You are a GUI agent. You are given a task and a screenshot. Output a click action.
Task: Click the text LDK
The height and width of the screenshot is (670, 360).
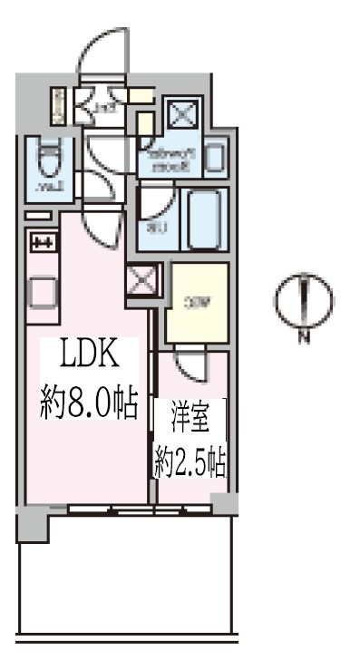pos(88,354)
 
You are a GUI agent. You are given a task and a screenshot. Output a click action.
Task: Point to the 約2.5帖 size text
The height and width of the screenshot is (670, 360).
pos(190,464)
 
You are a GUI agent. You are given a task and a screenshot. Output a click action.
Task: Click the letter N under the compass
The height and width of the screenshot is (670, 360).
pos(305,339)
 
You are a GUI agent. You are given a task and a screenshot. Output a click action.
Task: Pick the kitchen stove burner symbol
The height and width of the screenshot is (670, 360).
pos(44,242)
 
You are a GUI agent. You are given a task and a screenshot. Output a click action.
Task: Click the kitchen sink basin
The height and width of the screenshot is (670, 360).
pos(44,291)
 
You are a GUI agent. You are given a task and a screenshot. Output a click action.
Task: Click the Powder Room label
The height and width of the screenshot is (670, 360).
pos(172,160)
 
